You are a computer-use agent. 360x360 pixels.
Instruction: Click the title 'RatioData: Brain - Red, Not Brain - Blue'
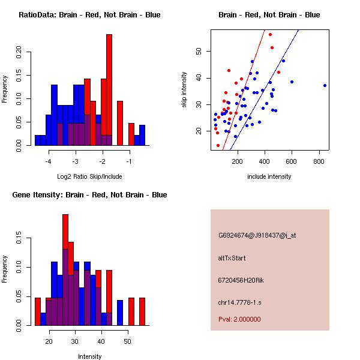pos(89,15)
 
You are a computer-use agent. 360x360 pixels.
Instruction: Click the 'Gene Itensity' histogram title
pos(89,195)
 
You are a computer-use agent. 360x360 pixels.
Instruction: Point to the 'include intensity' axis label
pos(269,176)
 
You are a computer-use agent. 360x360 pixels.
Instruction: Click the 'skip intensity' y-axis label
pos(185,90)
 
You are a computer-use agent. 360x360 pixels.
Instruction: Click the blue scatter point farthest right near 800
pos(325,85)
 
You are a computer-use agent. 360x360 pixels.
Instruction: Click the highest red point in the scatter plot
pos(270,34)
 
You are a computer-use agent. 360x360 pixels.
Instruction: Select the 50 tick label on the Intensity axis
pos(127,341)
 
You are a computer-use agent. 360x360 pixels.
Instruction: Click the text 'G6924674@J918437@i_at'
pos(257,235)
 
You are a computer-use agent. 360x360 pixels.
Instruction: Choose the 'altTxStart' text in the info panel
pos(232,258)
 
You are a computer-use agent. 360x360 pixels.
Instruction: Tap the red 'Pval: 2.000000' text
pos(239,319)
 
